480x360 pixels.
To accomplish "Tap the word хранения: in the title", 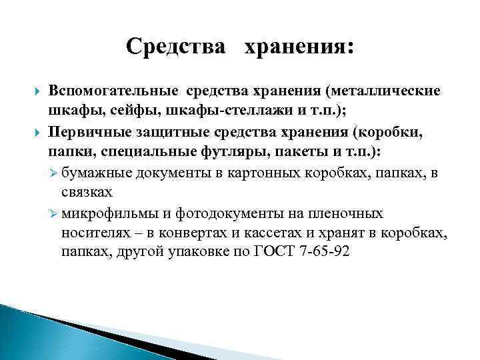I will click(300, 47).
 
